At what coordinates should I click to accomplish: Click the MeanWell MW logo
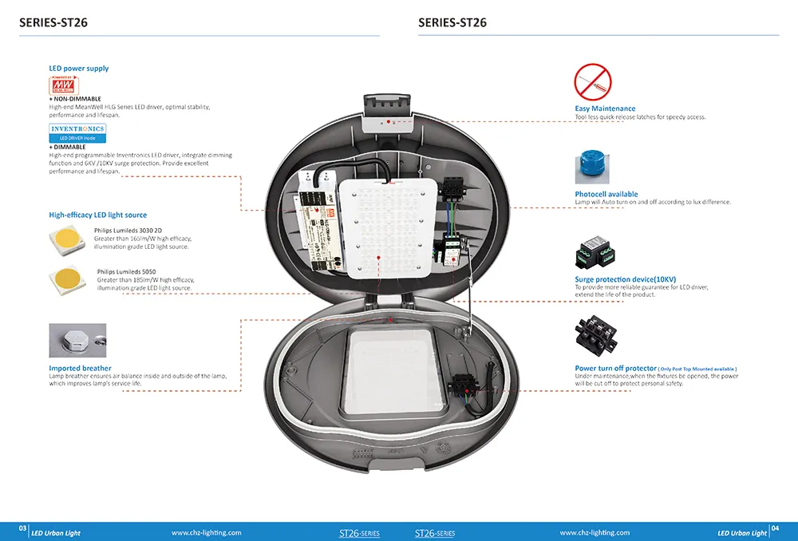coord(63,85)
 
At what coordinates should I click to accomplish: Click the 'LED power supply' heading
coord(79,69)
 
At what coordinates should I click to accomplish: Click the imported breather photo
coord(77,341)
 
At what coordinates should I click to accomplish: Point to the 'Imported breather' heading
coord(80,369)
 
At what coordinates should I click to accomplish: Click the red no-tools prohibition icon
coord(592,81)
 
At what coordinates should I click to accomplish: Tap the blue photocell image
coord(592,168)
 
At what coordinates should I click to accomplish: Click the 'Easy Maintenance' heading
coord(605,109)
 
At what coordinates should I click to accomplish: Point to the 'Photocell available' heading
coord(606,194)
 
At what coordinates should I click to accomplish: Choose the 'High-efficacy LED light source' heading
coord(97,215)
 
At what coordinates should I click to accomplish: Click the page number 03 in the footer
coord(23,530)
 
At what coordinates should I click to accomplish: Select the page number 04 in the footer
coord(775,530)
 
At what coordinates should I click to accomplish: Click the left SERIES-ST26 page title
coord(53,23)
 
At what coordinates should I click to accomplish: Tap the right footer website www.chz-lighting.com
coord(595,532)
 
